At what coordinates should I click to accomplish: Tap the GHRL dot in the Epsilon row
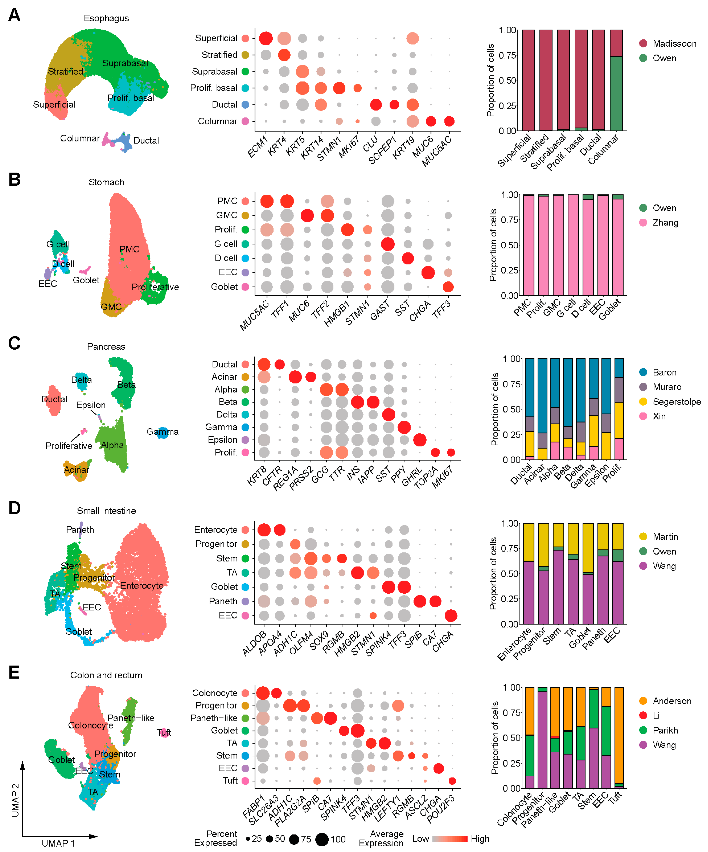pyautogui.click(x=420, y=440)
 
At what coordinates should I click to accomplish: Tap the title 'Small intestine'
pyautogui.click(x=106, y=511)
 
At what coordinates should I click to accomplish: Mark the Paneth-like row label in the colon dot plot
pyautogui.click(x=214, y=718)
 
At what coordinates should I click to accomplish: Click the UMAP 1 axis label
pyautogui.click(x=58, y=843)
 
